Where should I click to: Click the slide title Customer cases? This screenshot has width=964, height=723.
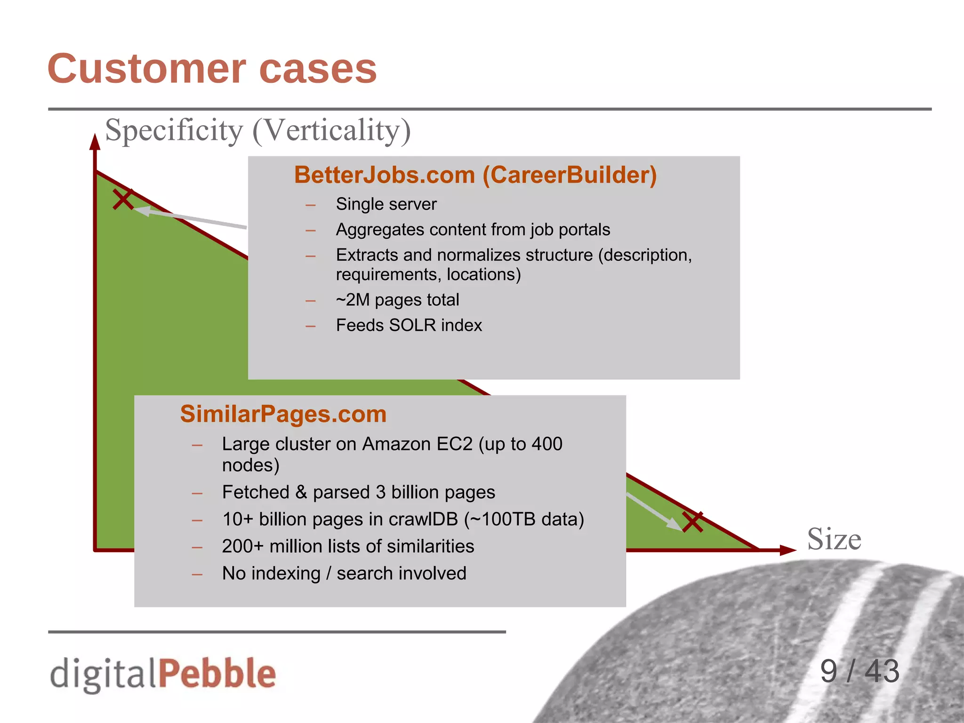point(212,69)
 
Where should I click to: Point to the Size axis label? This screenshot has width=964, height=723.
point(834,539)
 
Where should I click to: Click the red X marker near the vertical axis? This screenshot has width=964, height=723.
point(123,199)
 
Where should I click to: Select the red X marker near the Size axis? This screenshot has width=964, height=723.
point(693,522)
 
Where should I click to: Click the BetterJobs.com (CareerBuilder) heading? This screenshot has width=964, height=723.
point(475,175)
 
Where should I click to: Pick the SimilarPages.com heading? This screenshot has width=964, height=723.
point(283,414)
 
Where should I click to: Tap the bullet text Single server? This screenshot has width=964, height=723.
point(386,204)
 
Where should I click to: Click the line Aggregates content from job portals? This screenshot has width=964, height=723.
point(473,230)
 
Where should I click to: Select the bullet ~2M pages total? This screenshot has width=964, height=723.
point(397,300)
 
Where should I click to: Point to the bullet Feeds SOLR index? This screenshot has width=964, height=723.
point(409,325)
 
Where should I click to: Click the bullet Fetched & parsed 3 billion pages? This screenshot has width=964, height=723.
point(358,492)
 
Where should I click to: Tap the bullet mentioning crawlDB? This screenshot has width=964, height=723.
point(403,519)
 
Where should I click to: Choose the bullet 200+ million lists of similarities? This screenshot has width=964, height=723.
point(348,546)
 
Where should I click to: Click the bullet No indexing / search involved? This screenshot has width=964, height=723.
point(344,573)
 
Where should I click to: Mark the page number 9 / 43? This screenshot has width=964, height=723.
point(860,671)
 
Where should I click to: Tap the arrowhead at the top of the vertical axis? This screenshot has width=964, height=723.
point(95,142)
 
